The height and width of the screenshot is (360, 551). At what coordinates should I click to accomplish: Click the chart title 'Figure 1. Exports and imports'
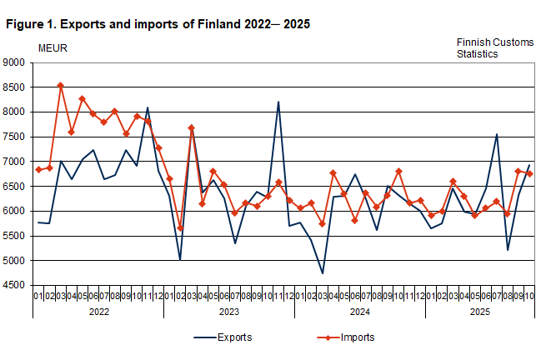click(x=158, y=24)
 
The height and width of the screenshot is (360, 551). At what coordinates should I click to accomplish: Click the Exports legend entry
click(x=221, y=337)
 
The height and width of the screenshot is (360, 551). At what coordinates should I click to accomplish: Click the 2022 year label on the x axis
click(x=98, y=311)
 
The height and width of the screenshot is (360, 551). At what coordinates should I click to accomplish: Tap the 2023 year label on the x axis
click(x=229, y=311)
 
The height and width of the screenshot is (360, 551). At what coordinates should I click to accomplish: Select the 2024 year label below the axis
click(x=359, y=311)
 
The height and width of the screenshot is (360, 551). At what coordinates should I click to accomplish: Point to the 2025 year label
click(x=479, y=311)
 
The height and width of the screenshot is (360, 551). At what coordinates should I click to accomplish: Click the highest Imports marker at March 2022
click(x=60, y=85)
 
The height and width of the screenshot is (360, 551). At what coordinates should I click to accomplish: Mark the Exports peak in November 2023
click(x=278, y=102)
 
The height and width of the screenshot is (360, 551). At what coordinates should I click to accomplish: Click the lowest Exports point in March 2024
click(x=322, y=273)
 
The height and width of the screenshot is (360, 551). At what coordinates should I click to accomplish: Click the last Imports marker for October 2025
click(x=528, y=173)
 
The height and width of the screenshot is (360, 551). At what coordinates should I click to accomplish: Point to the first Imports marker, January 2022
click(x=38, y=170)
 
